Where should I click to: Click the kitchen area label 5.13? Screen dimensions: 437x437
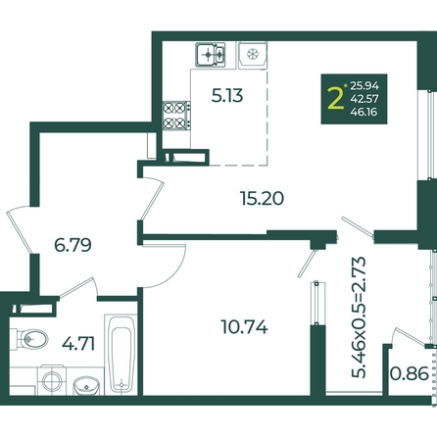[x=227, y=96]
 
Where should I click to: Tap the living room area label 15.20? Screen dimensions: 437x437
[x=262, y=198]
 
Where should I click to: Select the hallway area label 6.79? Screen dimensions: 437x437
[x=73, y=245]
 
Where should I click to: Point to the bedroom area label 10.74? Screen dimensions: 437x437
[x=245, y=326]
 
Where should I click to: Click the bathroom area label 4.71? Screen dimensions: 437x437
[x=78, y=344]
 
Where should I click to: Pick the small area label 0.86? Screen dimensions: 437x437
[x=410, y=373]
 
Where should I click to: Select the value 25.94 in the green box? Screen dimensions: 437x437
[x=364, y=86]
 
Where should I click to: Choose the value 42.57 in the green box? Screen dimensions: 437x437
[x=364, y=99]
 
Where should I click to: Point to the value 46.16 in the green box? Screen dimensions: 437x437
[x=364, y=112]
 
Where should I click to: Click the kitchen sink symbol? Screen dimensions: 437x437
[x=211, y=55]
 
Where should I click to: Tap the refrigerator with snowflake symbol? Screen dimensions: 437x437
[x=253, y=56]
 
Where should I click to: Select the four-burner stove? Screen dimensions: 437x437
[x=176, y=116]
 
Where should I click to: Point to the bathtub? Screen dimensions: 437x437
[x=121, y=354]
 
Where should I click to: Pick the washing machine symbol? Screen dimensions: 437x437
[x=52, y=380]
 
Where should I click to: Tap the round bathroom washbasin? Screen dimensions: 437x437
[x=86, y=386]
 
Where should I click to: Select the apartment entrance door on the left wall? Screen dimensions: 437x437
[x=20, y=229]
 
